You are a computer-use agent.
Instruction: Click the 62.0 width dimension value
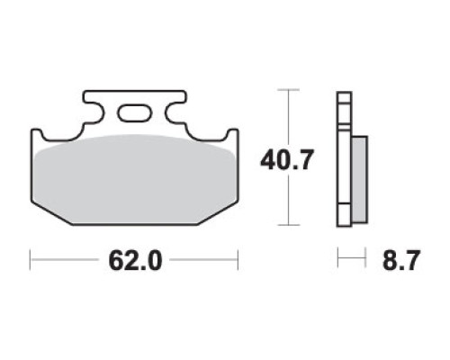(x=135, y=260)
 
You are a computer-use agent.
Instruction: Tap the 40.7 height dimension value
(x=287, y=160)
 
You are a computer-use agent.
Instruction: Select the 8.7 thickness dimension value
(x=400, y=260)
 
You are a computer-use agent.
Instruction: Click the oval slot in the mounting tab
(x=134, y=113)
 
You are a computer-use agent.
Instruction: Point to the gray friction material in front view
(x=134, y=179)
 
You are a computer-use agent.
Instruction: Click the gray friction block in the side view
(x=359, y=179)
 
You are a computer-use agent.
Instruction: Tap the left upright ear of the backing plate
(x=37, y=135)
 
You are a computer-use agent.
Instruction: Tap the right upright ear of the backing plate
(x=232, y=135)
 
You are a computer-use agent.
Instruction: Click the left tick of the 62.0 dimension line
(x=31, y=260)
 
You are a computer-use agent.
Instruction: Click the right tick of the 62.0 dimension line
(x=238, y=260)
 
